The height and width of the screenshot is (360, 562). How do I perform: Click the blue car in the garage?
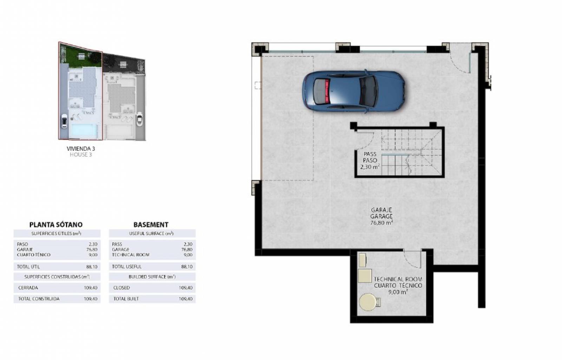[x=353, y=92]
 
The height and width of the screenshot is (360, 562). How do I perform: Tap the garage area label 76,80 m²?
[x=381, y=223]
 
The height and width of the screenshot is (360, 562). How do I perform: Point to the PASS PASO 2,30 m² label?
[x=370, y=160]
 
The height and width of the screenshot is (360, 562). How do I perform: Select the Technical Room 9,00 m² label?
[x=398, y=285]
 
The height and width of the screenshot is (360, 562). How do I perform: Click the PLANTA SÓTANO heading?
[x=56, y=224]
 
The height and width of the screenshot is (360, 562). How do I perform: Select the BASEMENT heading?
[x=151, y=224]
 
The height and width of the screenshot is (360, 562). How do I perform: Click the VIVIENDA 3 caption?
[x=81, y=149]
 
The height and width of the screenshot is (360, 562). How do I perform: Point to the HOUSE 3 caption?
[x=81, y=155]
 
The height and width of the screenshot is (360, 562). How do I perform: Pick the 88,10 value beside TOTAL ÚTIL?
[x=92, y=266]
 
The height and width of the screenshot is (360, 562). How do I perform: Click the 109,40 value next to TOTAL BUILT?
[x=186, y=299]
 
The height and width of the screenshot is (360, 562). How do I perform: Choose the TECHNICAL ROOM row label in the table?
[x=131, y=255]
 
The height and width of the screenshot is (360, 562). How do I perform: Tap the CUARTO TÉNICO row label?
[x=34, y=255]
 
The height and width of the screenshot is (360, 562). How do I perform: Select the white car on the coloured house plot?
[x=64, y=121]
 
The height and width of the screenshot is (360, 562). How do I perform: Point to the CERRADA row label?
[x=28, y=288]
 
